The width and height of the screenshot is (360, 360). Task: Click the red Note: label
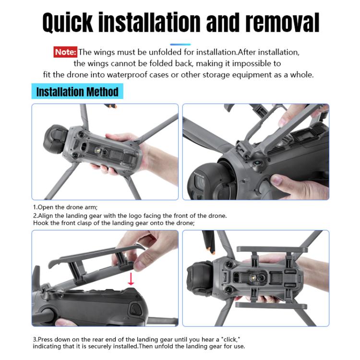pyautogui.click(x=65, y=52)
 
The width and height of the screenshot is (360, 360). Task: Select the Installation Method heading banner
pyautogui.click(x=77, y=91)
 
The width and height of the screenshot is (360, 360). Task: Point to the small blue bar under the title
pyautogui.click(x=180, y=44)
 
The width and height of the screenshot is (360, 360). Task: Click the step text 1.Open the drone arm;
pyautogui.click(x=65, y=207)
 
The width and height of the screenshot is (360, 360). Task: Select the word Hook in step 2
pyautogui.click(x=41, y=223)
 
